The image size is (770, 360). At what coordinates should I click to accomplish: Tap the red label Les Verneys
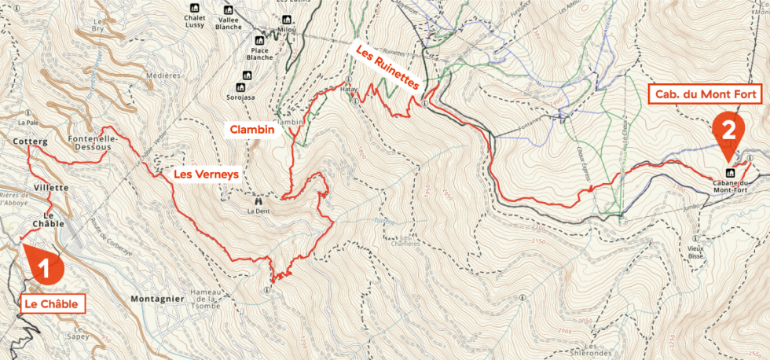coord(206,174)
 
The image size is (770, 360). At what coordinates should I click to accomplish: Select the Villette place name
coord(52,188)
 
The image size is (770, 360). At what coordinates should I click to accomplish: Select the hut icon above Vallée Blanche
coord(229,8)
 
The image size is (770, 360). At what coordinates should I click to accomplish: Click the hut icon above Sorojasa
coord(241,86)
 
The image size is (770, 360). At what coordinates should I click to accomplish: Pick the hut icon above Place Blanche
coord(259,38)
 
